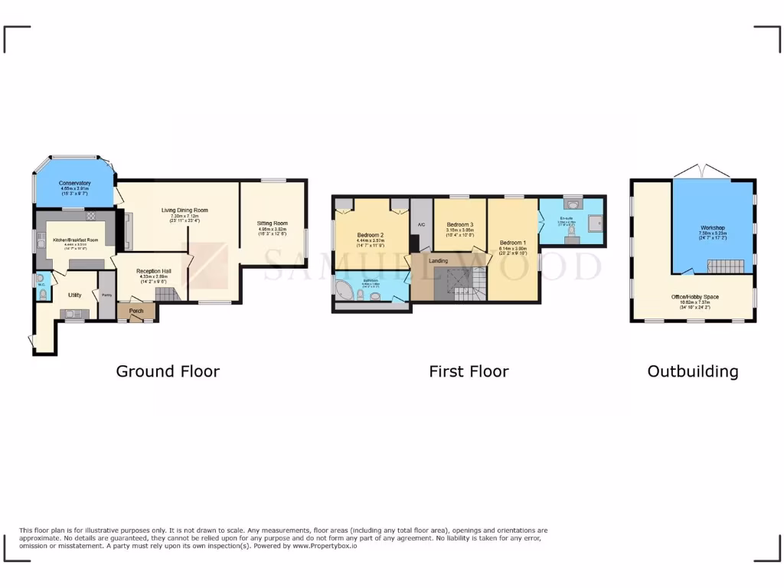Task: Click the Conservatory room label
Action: (75, 183)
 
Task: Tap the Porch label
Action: (136, 311)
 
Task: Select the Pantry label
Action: (106, 295)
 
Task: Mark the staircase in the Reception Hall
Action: (165, 293)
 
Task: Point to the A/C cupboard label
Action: (420, 224)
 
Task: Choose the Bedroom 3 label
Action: (460, 224)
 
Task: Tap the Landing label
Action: (439, 261)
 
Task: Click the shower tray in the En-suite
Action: (593, 223)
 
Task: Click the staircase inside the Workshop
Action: (724, 266)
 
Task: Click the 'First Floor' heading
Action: (469, 371)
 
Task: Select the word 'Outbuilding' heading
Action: (693, 371)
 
